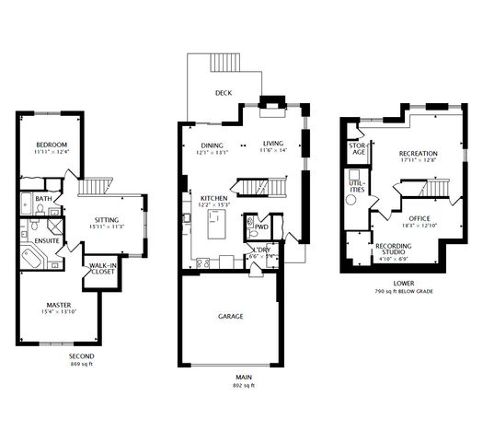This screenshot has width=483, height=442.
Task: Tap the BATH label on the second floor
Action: pos(43,198)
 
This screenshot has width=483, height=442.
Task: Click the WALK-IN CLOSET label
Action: pos(101,269)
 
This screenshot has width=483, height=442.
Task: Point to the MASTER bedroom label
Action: pos(59,305)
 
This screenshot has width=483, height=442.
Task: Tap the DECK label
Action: pos(223,93)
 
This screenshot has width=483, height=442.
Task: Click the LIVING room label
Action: pos(273,144)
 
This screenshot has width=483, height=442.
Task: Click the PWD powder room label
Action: pos(261,226)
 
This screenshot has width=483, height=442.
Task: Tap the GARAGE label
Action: pos(230,316)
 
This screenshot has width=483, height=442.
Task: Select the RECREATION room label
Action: pos(418,154)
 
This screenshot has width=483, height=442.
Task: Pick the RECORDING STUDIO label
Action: pos(393,250)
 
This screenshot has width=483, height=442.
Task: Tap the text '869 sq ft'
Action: pos(81,365)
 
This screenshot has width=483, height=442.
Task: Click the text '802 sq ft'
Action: pos(243,385)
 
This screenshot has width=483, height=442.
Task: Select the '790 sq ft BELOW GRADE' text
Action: pos(403,291)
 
